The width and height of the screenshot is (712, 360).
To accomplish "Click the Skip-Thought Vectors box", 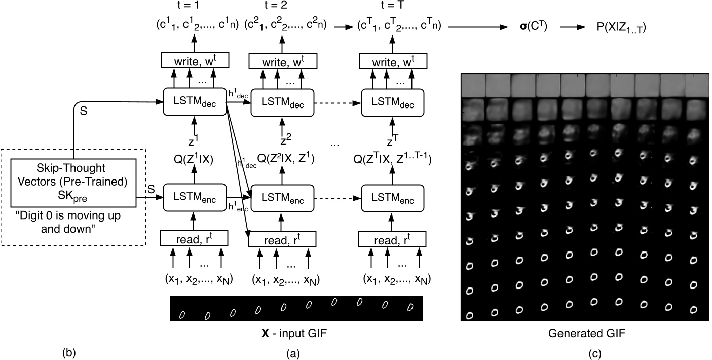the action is [x=73, y=183].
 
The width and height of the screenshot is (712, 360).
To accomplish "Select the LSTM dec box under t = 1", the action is [x=195, y=102].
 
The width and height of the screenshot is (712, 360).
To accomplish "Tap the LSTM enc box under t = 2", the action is [x=283, y=198].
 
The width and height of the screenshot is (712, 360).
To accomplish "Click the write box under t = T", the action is [x=393, y=61].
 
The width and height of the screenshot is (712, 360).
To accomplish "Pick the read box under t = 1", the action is [x=194, y=238].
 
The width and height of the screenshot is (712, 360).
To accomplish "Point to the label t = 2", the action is [x=275, y=5].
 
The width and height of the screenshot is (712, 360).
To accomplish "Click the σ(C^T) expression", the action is [x=534, y=27].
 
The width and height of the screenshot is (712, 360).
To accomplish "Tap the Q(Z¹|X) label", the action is [x=193, y=158].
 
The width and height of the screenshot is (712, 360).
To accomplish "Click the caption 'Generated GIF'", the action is [x=587, y=333].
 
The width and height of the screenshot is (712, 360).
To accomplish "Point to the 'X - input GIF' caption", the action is [x=294, y=333].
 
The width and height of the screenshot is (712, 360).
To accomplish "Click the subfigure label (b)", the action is [x=69, y=353].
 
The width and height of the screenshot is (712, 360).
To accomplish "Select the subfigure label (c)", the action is [x=594, y=353].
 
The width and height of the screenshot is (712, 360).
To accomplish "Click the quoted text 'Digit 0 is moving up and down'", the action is [x=68, y=222].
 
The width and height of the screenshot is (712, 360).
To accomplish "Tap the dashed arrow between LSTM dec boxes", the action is [x=338, y=103].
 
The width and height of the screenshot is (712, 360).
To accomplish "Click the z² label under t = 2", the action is [x=286, y=139].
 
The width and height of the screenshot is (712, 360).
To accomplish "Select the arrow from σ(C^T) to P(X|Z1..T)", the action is [x=573, y=27].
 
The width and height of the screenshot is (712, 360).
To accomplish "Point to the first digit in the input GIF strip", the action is [x=182, y=314].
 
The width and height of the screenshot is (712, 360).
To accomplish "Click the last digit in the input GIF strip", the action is [x=410, y=307].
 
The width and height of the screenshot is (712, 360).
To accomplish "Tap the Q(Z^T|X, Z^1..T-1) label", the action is [x=393, y=158].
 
